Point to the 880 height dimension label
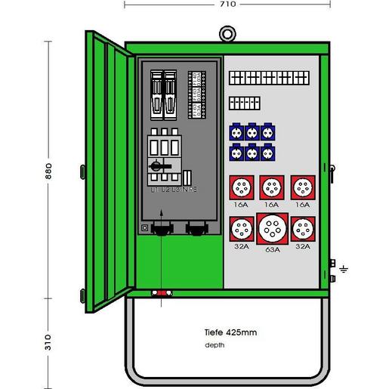click(49, 172)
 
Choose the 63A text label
click(272, 249)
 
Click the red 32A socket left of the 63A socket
click(242, 227)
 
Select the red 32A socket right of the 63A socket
click(302, 227)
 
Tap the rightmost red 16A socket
click(302, 186)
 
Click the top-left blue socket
click(234, 131)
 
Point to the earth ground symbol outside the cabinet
click(342, 267)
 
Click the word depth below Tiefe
click(214, 345)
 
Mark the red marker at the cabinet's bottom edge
click(162, 294)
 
